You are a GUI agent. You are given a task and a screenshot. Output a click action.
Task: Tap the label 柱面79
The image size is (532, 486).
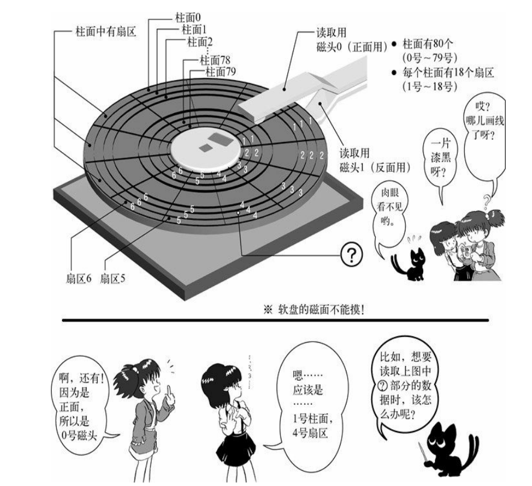click(221, 72)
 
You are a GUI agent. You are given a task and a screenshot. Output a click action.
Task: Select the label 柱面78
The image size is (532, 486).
click(214, 60)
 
